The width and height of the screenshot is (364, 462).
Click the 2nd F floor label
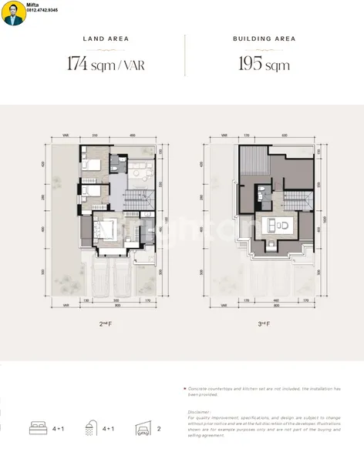pos(106,325)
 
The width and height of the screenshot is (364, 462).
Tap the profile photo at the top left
pos(12,14)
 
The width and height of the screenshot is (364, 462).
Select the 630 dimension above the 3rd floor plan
pos(285,136)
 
